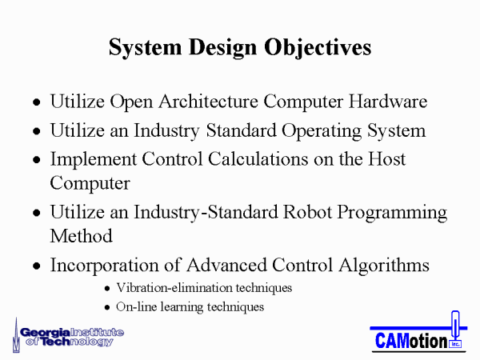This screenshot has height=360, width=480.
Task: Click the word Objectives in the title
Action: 318,48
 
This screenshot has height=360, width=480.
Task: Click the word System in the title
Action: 145,48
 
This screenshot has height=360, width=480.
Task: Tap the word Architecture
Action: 208,102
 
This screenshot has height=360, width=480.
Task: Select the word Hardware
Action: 388,102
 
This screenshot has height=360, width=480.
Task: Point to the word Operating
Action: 322,131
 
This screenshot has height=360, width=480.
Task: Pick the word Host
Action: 386,159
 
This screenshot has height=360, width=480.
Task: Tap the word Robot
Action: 307,212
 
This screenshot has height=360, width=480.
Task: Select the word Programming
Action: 392,213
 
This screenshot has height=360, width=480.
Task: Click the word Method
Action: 81,236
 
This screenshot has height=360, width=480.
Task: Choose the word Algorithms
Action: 384,266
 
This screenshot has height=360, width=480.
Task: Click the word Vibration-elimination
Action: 174,288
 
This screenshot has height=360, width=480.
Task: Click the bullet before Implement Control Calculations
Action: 37,160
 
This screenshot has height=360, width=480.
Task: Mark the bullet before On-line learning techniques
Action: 107,307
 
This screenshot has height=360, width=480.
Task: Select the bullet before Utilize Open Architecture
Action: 37,102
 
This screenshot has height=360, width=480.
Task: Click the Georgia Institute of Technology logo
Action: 68,336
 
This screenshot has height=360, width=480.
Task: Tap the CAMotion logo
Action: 418,332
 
